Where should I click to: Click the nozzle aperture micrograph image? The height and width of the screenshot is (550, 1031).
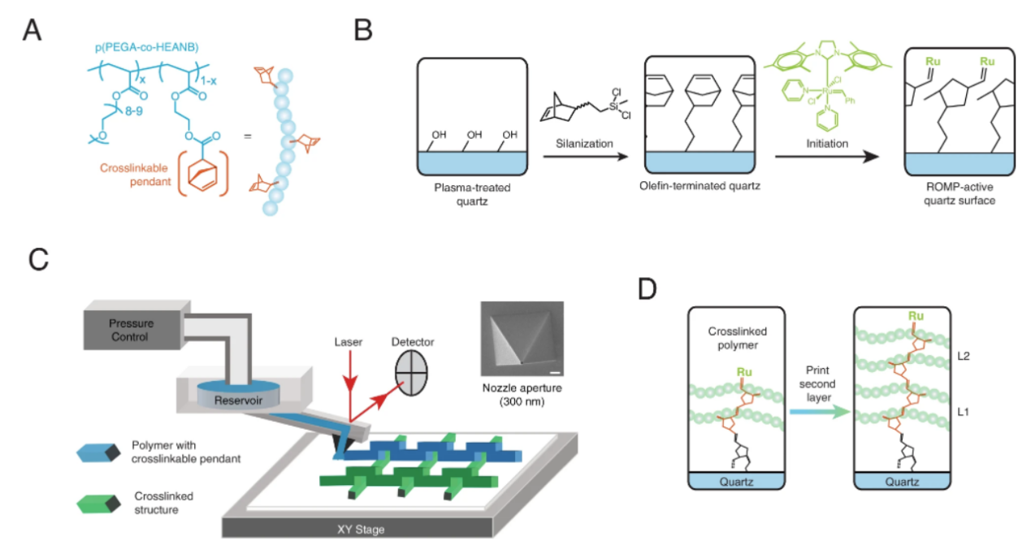(520, 339)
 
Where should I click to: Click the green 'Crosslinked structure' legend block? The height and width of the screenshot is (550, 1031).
(97, 502)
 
